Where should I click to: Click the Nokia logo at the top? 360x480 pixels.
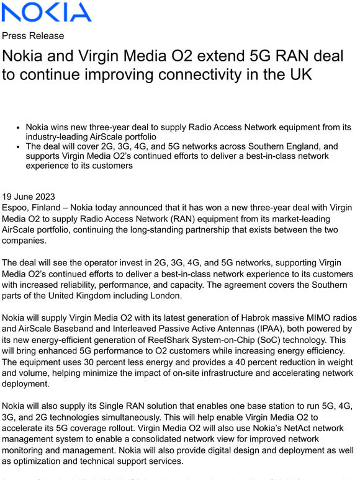coord(47,12)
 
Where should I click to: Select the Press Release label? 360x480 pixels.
coord(33,35)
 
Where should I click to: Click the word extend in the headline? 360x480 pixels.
coord(217,56)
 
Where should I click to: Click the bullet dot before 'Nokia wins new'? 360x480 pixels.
coord(19,127)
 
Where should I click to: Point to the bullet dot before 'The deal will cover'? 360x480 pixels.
coord(19,147)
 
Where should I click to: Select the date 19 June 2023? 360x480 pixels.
coord(32,192)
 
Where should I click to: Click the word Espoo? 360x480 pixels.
coord(17,203)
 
